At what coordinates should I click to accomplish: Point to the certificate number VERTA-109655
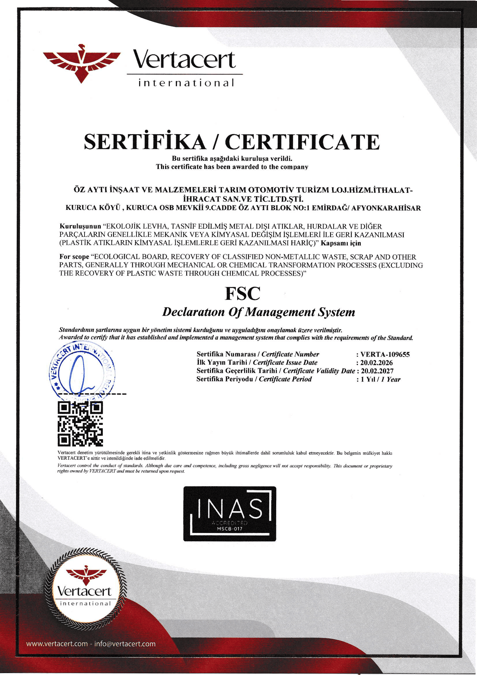(385, 354)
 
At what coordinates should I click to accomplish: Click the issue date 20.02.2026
(376, 363)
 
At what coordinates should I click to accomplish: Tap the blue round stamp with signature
(82, 371)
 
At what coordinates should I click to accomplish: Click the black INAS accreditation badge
(229, 514)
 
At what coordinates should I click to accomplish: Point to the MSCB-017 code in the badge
(229, 529)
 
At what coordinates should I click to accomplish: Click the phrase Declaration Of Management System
(258, 312)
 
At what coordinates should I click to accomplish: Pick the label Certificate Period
(285, 379)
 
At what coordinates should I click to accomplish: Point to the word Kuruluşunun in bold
(80, 227)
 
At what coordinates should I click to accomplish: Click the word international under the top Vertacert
(186, 83)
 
